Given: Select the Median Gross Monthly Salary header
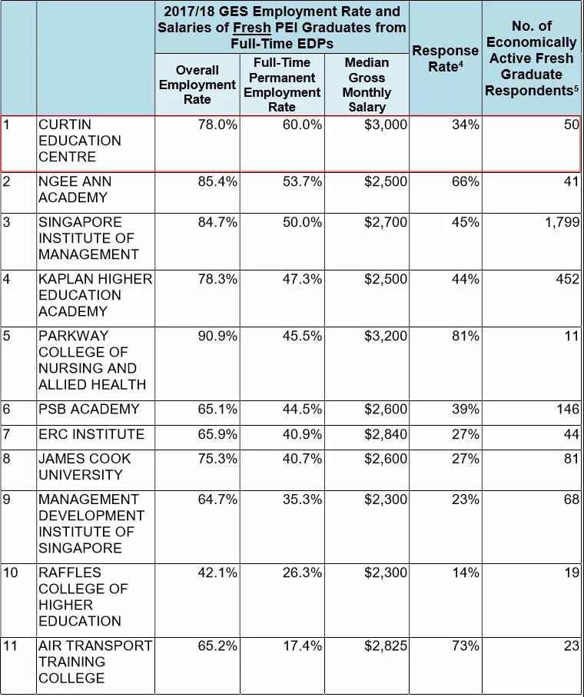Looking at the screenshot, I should (x=367, y=85).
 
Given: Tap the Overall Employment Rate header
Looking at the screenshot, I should (x=197, y=85).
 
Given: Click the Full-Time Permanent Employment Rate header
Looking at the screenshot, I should (x=282, y=85).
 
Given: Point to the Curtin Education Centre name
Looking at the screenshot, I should (x=80, y=141).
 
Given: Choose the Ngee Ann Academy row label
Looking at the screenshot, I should (x=75, y=190).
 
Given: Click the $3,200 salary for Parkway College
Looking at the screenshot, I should (x=386, y=337).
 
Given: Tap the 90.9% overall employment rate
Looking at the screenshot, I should (x=217, y=337).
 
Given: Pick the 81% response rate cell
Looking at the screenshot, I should (x=466, y=337).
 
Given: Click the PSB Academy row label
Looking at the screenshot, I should (x=89, y=410).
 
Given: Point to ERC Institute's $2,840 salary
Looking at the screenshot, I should (x=386, y=435).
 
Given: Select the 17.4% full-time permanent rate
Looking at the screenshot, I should (x=302, y=646).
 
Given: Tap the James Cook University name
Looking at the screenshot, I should (x=85, y=467).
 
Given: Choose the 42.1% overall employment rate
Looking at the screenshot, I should (x=217, y=573).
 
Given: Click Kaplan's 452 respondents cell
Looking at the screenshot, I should (x=567, y=280).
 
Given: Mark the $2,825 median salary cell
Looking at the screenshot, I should (x=386, y=646).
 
